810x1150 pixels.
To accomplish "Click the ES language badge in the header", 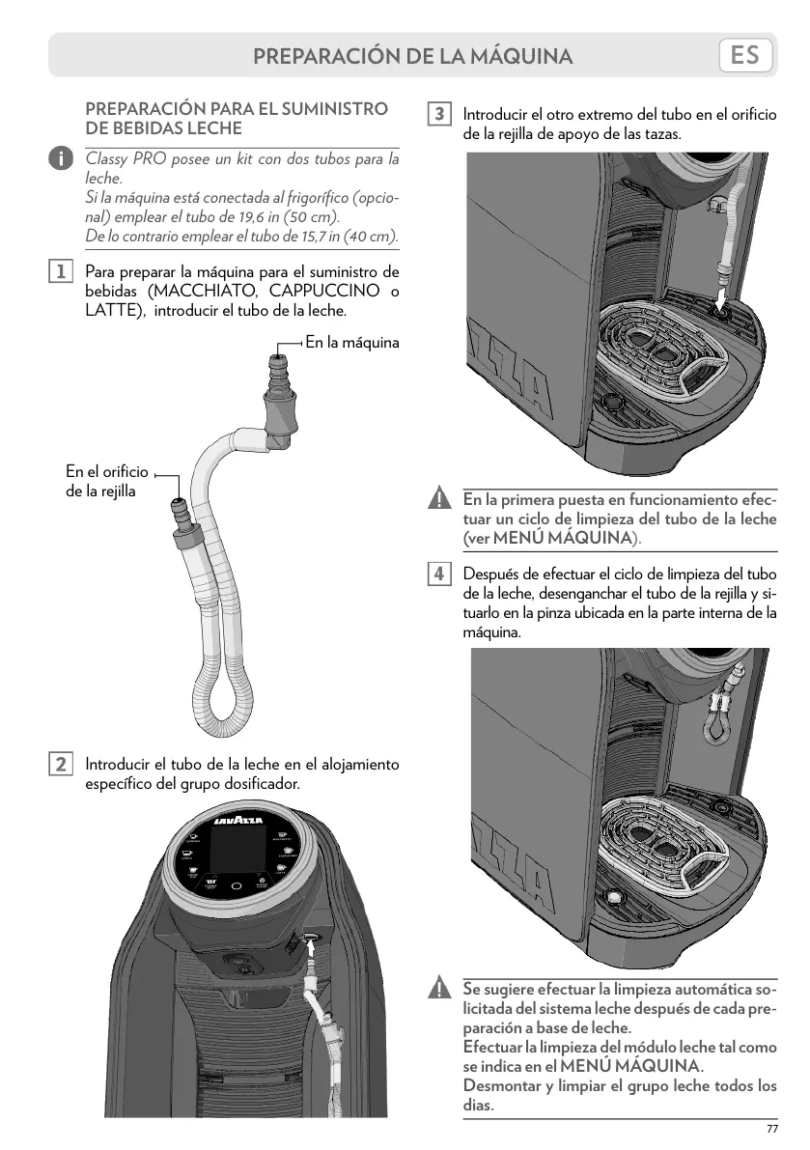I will (x=745, y=55).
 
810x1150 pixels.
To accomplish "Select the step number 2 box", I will (x=60, y=764).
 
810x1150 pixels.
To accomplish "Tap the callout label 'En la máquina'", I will (x=351, y=342).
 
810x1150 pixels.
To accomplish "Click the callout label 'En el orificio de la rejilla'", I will (x=106, y=481).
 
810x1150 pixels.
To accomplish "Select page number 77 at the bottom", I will (x=771, y=1130).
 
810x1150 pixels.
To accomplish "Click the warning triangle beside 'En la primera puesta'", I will (x=439, y=500).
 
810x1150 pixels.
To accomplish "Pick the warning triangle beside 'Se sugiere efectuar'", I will (x=439, y=990).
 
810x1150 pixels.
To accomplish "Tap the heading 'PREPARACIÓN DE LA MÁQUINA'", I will (x=413, y=56).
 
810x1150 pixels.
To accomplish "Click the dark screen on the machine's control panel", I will (x=236, y=850).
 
